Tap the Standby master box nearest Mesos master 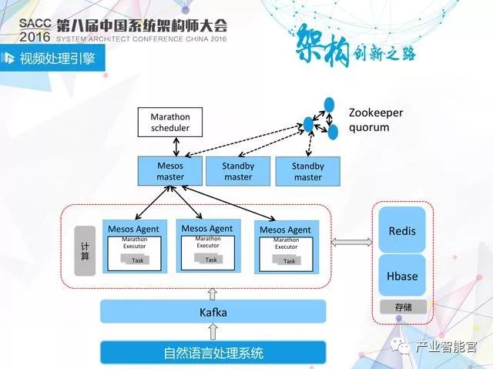coord(238,171)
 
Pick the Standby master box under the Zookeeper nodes coord(307,171)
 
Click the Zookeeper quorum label coord(375,119)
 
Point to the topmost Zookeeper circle coord(329,103)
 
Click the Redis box coord(402,230)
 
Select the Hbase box coord(402,277)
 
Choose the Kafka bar coord(213,312)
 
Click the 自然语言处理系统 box coord(213,354)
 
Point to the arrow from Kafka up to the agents coord(213,293)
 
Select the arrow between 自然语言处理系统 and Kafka coord(213,332)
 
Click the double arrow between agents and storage coord(350,243)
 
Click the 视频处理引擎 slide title coord(58,59)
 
